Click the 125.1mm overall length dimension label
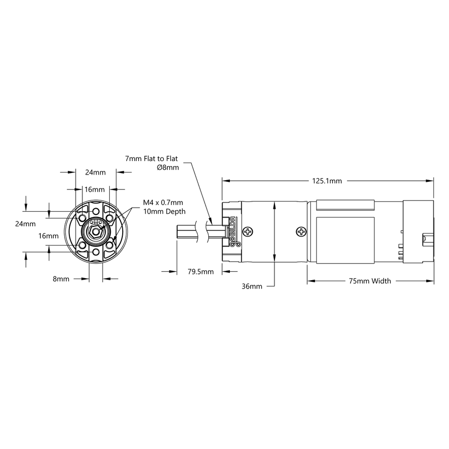pos(327,181)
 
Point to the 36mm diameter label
pos(252,286)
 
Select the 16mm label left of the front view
pos(49,236)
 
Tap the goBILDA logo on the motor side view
pos(232,231)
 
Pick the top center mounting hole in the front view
pos(96,211)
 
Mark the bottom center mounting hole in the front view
pos(96,252)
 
